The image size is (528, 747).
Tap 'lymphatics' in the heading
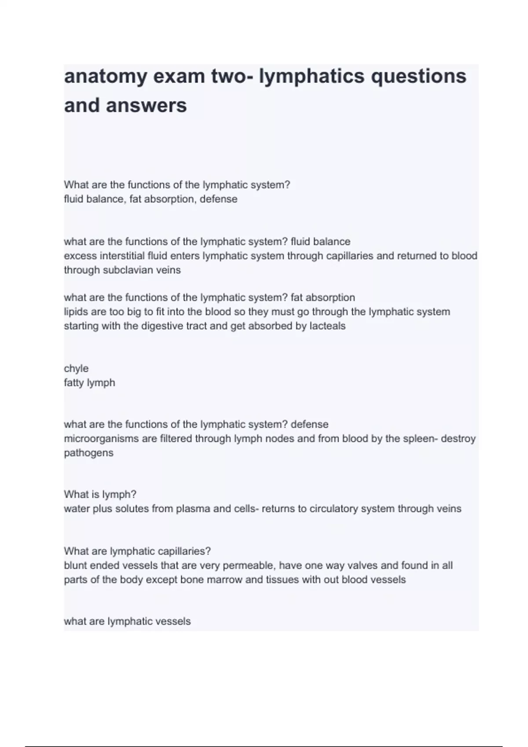pyautogui.click(x=312, y=76)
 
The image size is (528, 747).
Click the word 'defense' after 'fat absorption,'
pyautogui.click(x=218, y=199)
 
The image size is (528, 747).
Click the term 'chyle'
pyautogui.click(x=76, y=369)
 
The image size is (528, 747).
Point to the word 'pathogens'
pyautogui.click(x=88, y=453)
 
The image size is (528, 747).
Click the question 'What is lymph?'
pyautogui.click(x=100, y=495)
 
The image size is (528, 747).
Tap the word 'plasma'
pyautogui.click(x=193, y=509)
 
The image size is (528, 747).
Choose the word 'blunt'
pyautogui.click(x=76, y=566)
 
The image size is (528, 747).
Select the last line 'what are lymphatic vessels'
pyautogui.click(x=127, y=621)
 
